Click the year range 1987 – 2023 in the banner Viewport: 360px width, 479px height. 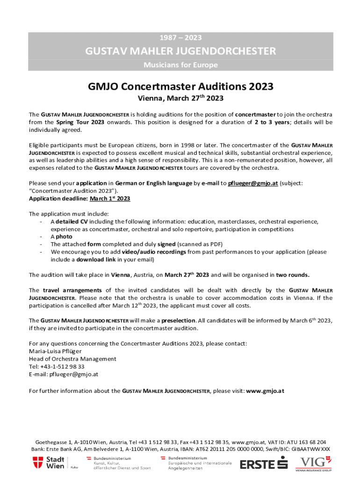pos(180,37)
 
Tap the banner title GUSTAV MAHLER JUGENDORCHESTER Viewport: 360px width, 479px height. pos(180,51)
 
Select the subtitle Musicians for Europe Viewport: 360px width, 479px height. pos(180,65)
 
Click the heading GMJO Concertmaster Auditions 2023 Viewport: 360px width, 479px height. pos(180,87)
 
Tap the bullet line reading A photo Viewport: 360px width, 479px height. pos(61,237)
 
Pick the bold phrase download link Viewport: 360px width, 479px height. pos(96,259)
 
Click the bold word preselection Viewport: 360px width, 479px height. pos(179,320)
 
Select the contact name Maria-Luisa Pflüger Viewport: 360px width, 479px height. pos(55,351)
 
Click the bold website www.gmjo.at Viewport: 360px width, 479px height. pos(265,390)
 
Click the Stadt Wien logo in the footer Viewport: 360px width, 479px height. pos(49,463)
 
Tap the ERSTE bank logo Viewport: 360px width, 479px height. pos(263,464)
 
